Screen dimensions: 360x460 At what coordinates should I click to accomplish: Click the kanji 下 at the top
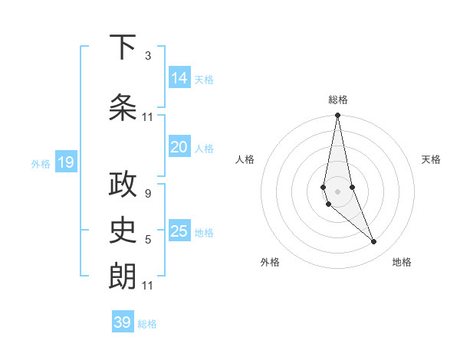click(123, 47)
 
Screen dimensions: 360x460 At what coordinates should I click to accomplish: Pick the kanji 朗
click(123, 276)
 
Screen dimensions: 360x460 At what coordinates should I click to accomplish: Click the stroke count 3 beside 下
click(147, 56)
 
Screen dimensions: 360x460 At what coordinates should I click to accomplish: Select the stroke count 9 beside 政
click(147, 194)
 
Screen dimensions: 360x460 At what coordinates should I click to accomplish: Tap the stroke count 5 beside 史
click(147, 240)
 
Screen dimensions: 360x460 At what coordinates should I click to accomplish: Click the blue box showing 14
click(179, 77)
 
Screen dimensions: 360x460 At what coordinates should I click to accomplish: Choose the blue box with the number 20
click(179, 147)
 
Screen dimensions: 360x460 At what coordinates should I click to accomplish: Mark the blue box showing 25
click(179, 231)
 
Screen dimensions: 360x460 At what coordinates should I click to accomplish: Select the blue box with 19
click(65, 162)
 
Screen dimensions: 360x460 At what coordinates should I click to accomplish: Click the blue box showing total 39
click(123, 322)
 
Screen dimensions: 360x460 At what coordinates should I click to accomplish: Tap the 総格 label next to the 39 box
click(147, 324)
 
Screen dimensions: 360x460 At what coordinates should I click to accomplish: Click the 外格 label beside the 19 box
click(41, 163)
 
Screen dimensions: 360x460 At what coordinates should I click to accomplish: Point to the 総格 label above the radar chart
click(337, 100)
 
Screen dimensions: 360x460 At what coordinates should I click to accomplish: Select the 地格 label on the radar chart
click(402, 262)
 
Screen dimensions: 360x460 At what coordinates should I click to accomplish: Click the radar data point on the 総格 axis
click(337, 116)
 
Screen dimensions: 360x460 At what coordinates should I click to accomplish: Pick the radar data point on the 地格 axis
click(374, 242)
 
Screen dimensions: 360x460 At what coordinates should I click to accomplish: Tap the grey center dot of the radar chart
click(337, 190)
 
